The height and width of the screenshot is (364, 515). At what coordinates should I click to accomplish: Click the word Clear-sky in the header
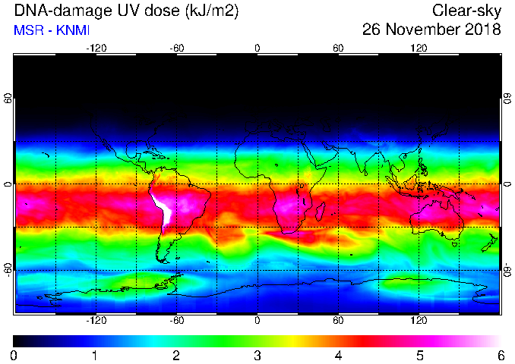[466, 11]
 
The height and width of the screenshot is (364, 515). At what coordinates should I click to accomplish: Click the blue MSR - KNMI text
[52, 30]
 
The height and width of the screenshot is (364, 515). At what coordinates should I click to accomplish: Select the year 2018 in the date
[483, 30]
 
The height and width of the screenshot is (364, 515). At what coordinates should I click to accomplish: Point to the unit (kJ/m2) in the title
[212, 11]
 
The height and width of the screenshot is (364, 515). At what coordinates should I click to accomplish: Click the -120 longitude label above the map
[96, 49]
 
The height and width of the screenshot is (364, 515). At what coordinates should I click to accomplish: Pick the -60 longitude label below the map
[177, 320]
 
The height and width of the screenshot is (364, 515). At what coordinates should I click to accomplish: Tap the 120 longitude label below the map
[419, 320]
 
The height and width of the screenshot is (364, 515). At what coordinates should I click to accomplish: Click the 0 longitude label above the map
[257, 49]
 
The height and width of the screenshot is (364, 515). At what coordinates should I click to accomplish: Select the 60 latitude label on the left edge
[8, 98]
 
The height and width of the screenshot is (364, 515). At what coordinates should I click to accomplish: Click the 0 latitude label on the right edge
[507, 184]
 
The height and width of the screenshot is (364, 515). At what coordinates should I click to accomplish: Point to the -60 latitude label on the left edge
[8, 270]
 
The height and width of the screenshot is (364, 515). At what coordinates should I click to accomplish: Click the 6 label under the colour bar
[501, 356]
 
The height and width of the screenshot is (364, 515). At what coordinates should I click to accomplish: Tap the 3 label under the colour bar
[257, 356]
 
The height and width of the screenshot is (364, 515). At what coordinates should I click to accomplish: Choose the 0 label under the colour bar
[14, 356]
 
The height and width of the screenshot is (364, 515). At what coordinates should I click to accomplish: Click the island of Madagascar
[321, 212]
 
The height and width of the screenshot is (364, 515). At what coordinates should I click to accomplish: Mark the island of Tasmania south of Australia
[455, 244]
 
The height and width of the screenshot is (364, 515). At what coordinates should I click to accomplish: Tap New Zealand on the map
[490, 243]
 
